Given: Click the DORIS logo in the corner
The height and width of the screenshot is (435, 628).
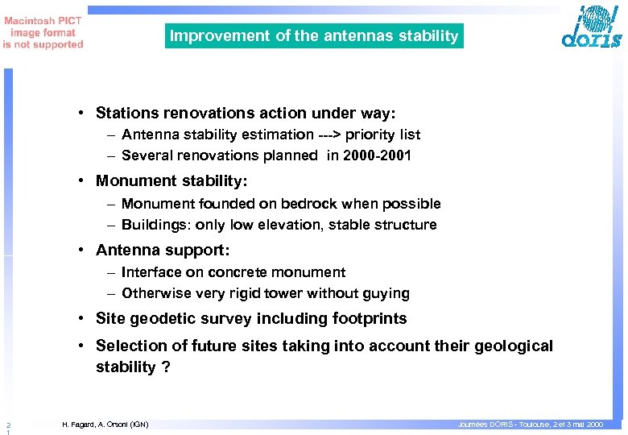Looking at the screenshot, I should click(x=592, y=28).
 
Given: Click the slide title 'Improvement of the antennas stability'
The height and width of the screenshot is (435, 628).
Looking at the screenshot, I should click(x=314, y=36).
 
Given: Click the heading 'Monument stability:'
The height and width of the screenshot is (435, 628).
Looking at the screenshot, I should click(x=171, y=181).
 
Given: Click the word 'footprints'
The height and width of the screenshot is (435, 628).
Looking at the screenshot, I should click(x=367, y=318).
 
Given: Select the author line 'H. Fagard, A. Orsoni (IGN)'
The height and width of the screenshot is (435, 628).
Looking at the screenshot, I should click(x=105, y=424).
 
